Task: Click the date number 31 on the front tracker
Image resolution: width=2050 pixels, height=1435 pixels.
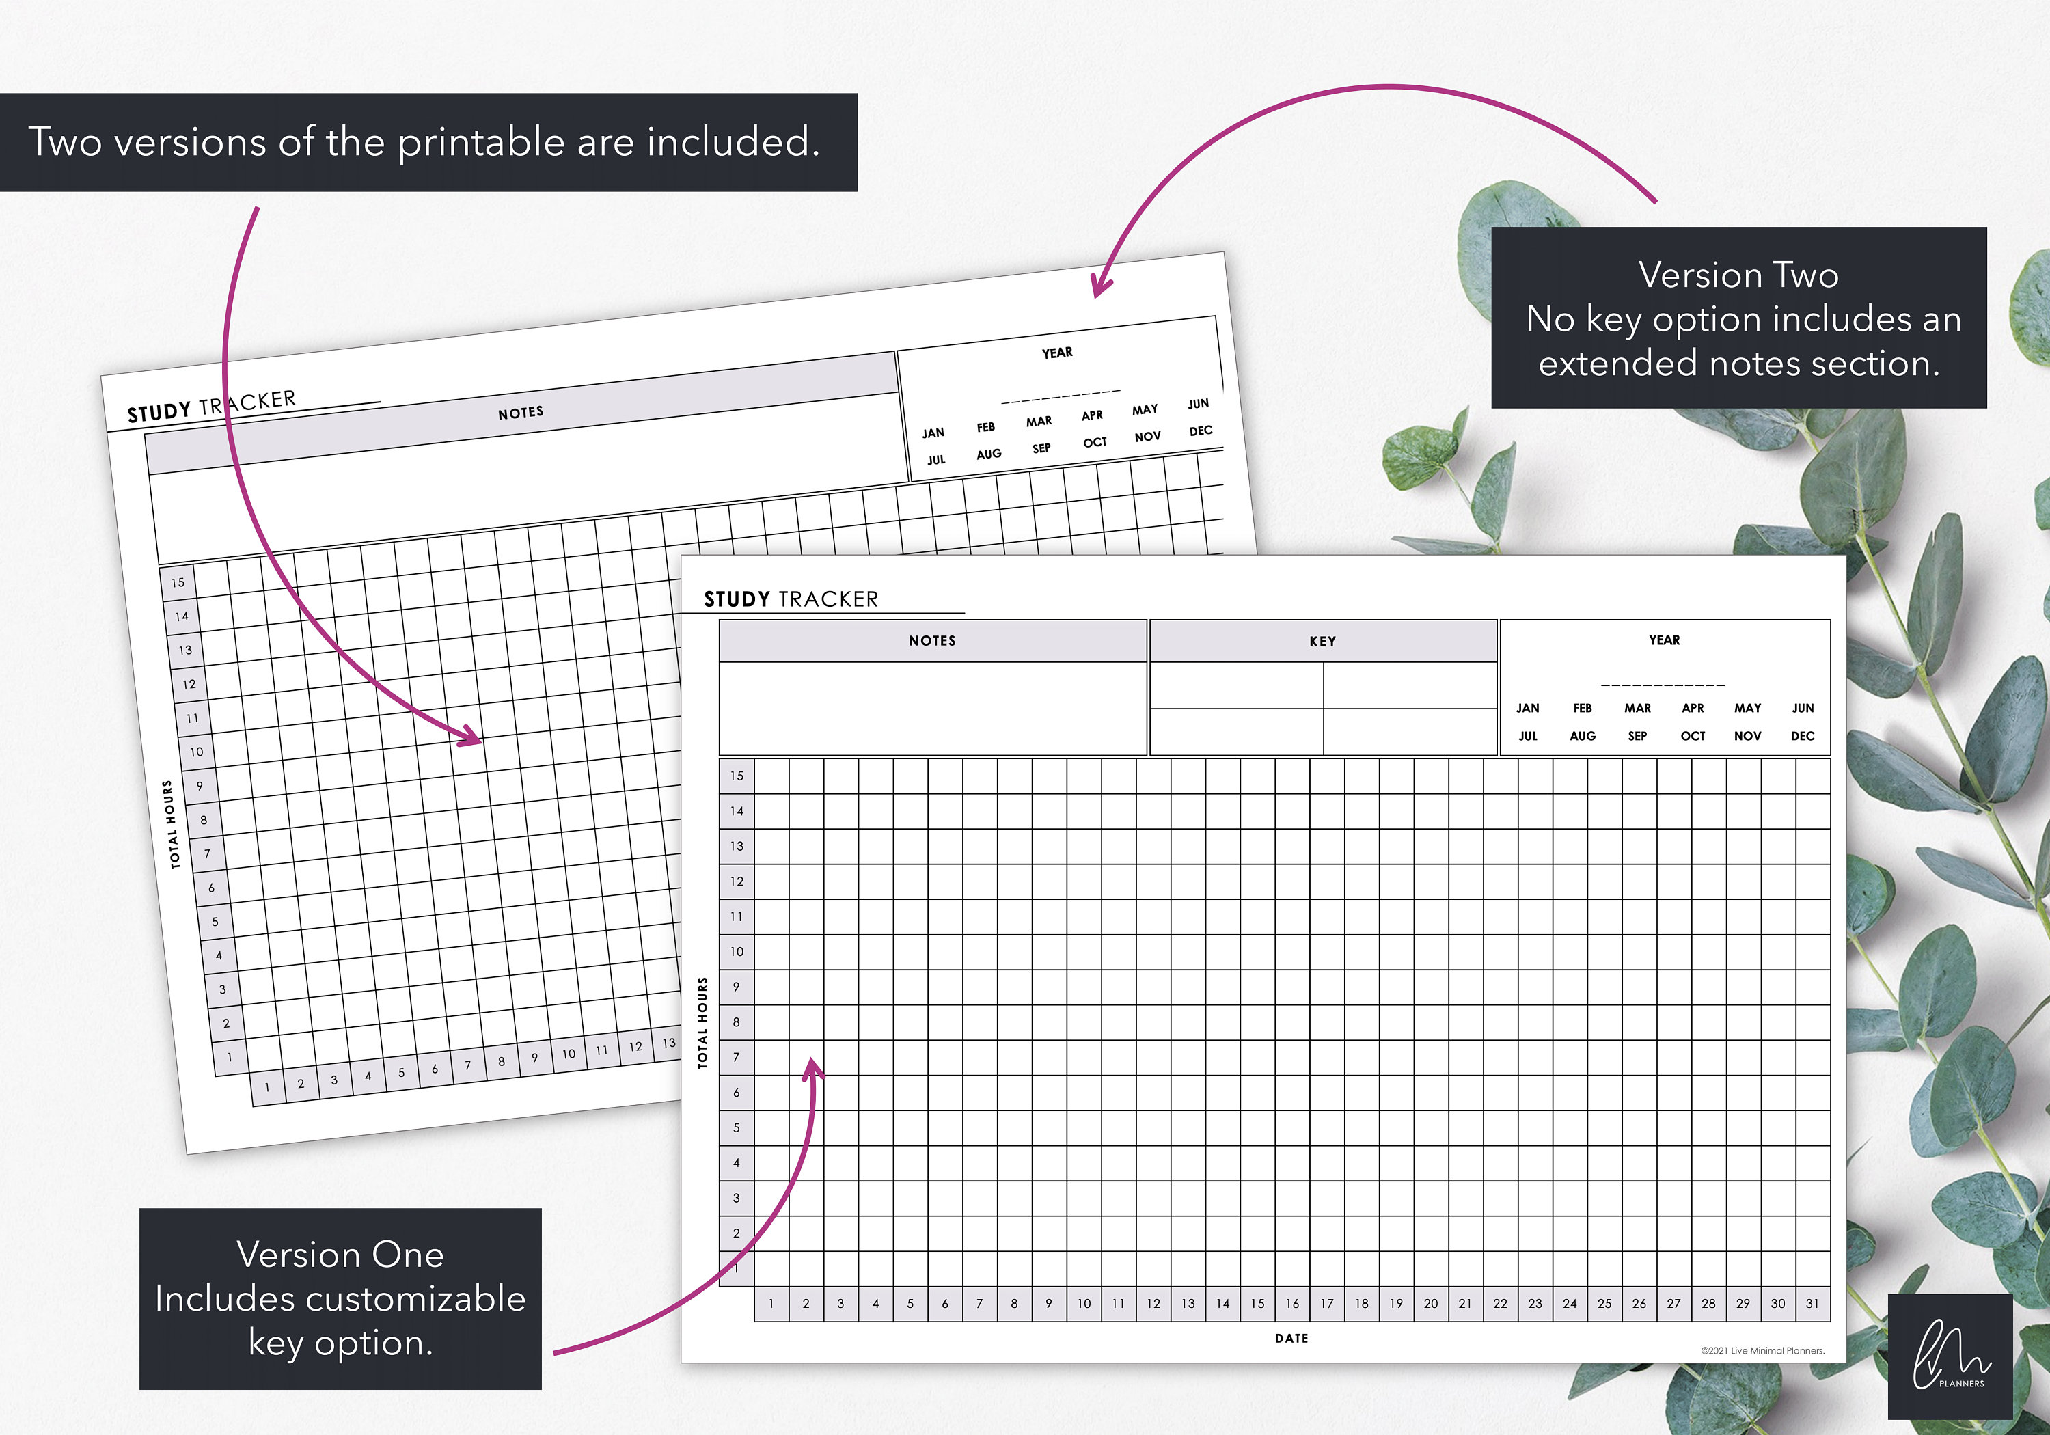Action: tap(1812, 1304)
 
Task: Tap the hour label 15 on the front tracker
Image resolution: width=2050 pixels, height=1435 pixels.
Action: tap(737, 776)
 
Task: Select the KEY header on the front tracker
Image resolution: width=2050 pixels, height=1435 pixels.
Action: tap(1322, 641)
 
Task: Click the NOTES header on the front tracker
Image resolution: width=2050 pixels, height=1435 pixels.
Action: tap(932, 640)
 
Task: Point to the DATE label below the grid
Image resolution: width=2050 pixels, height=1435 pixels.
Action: tap(1291, 1339)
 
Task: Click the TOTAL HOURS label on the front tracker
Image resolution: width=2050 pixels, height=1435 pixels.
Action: tap(702, 1022)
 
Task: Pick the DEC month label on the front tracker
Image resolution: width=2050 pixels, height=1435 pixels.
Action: tap(1802, 736)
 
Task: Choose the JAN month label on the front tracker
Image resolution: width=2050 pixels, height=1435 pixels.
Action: tap(1527, 708)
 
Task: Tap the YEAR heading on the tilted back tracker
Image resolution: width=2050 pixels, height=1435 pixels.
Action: tap(1057, 353)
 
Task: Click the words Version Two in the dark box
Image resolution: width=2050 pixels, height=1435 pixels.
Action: tap(1738, 275)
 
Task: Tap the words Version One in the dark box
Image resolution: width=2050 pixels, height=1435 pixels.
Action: tap(340, 1255)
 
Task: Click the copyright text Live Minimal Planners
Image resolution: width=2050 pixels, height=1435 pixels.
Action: tap(1762, 1351)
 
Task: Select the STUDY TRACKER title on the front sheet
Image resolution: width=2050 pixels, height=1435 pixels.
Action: tap(791, 599)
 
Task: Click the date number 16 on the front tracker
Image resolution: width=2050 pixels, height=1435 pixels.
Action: tap(1292, 1304)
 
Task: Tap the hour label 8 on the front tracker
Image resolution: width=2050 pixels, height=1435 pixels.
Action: tap(737, 1022)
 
